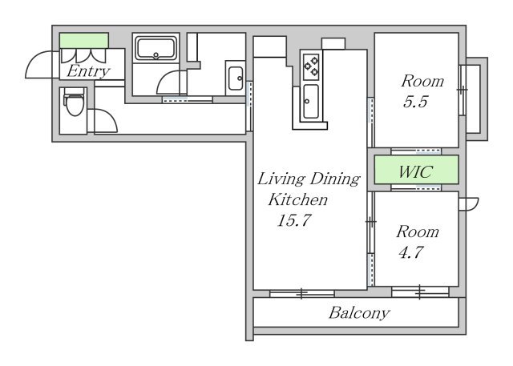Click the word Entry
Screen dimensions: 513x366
(88, 71)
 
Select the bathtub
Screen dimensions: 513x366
(156, 49)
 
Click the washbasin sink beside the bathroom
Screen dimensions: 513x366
(236, 78)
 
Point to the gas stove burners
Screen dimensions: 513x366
(311, 66)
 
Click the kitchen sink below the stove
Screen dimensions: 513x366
(310, 101)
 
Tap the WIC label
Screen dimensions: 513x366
(416, 171)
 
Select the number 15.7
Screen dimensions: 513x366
(294, 220)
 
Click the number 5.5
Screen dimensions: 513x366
(415, 102)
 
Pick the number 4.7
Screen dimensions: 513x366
(411, 252)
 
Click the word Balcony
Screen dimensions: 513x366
(359, 312)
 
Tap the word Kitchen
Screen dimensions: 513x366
(297, 199)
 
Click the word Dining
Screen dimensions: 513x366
(335, 179)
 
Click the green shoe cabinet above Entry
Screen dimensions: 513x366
(84, 41)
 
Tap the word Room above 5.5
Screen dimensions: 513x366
(422, 81)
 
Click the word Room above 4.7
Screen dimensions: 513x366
(418, 231)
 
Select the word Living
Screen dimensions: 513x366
(281, 179)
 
